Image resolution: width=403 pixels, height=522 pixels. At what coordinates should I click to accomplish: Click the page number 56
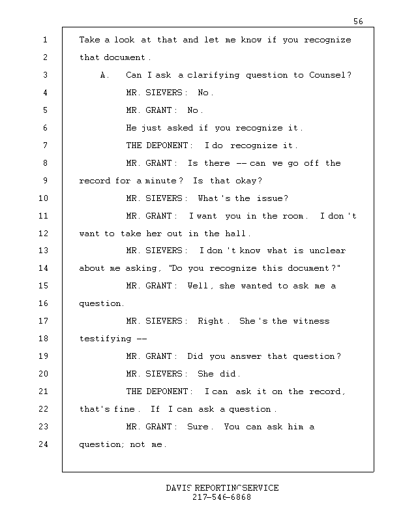pos(358,22)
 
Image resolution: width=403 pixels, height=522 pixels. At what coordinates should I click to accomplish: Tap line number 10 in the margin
pos(43,198)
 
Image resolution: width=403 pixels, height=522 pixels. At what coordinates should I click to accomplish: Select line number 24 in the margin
pos(43,444)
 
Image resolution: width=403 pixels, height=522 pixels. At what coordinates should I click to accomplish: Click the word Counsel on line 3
pos(327,75)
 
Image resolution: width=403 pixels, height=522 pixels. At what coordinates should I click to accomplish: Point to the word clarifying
pos(213,75)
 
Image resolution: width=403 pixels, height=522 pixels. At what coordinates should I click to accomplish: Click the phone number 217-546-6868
pos(222,497)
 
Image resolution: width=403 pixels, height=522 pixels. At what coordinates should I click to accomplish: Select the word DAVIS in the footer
pos(179,488)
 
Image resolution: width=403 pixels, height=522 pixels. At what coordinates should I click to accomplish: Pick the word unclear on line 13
pos(327,251)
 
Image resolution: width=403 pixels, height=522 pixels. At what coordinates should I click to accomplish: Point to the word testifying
pos(105,339)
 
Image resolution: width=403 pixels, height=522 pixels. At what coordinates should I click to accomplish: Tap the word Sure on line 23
pos(198,427)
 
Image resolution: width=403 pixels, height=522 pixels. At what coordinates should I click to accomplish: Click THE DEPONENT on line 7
pos(157,146)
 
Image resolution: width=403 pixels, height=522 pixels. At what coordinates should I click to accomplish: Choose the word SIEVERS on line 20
pos(164,374)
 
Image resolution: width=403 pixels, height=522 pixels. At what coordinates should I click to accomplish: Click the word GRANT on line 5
pos(158,110)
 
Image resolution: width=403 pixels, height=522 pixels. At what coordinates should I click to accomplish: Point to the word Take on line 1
pos(89,40)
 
